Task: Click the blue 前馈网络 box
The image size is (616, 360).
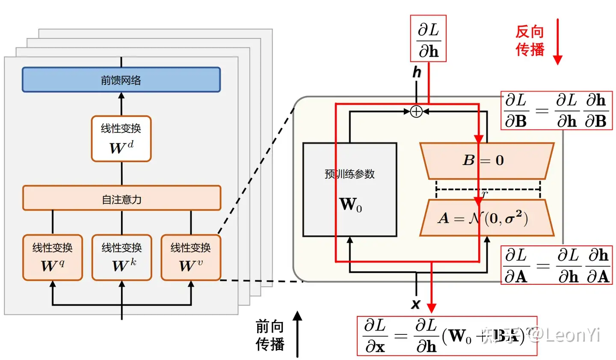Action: pos(121,80)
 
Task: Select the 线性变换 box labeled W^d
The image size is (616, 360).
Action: pos(121,139)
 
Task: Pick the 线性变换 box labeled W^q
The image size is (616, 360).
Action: pos(53,257)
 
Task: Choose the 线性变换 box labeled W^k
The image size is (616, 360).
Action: pos(121,257)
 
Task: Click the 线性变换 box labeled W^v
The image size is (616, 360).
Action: pos(191,257)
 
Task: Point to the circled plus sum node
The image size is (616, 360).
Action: pos(416,112)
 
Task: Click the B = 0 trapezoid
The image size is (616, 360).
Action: pos(486,161)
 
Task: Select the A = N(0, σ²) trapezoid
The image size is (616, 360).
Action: pos(486,218)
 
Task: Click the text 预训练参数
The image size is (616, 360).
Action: pos(349,174)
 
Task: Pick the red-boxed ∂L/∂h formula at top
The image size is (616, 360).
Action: pos(428,39)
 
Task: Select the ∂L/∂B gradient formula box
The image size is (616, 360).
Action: pos(556,111)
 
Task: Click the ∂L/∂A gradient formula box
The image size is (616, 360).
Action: pos(557,266)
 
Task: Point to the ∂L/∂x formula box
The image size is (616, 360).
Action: pos(447,336)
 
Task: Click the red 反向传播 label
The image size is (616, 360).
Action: pos(530,41)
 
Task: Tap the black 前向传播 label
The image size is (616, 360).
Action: pos(270,335)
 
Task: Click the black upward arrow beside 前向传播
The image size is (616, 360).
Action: pos(297,334)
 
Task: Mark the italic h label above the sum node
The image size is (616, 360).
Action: pos(417,72)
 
